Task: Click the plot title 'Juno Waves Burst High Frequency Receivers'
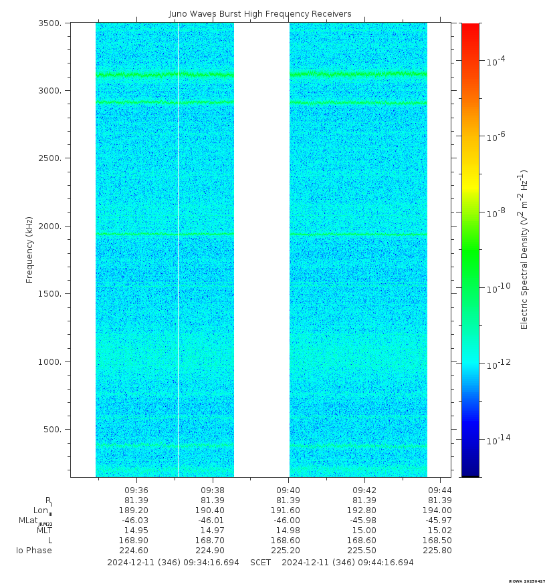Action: tap(259, 14)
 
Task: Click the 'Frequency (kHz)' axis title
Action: tap(30, 249)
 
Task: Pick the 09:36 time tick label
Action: tap(136, 489)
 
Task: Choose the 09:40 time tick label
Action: tap(288, 489)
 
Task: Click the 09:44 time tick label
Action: tap(440, 489)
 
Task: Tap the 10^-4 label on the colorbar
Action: tap(496, 61)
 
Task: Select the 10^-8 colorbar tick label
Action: tap(496, 212)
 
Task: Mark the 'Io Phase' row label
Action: tap(34, 551)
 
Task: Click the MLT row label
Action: tap(44, 531)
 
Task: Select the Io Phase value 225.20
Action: tap(288, 551)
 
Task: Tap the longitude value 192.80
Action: tap(364, 510)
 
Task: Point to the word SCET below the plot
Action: tap(261, 563)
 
